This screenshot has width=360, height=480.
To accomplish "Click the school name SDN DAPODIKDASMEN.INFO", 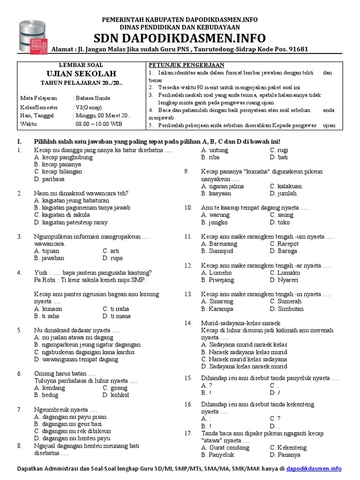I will pos(180,38).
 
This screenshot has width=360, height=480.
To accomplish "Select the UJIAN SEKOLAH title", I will pos(82,74).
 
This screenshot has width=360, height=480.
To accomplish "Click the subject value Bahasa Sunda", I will pos(93,98).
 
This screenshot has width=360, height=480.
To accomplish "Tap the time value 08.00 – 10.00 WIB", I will pos(100,124).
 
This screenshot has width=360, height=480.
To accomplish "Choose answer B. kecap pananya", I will pos(58,165).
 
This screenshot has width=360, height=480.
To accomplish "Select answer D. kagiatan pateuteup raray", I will pos(71,222).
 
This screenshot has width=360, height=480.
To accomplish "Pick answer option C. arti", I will pos(111,251).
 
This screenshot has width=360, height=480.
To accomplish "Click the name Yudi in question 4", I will pos(41,272).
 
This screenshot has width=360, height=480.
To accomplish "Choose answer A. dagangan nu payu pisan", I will pos(70,417).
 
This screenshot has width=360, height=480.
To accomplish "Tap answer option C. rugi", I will pos(279,150).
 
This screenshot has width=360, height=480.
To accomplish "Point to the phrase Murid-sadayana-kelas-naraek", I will pos(240,323).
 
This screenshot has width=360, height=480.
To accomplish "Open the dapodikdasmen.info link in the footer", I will pos(314,468).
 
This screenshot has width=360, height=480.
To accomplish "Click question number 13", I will pos(188,294).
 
